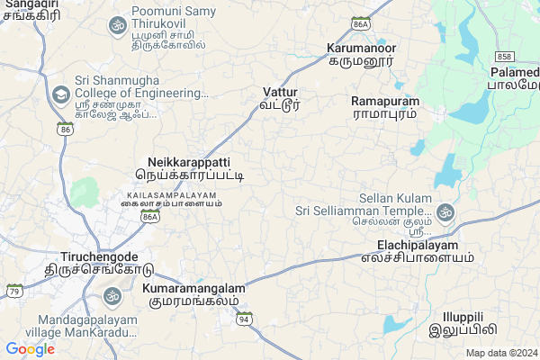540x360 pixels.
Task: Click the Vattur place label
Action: [x=280, y=98]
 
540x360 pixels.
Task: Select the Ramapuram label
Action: [x=384, y=107]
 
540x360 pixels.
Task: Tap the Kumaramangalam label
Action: [x=193, y=294]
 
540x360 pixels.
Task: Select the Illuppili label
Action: [x=463, y=323]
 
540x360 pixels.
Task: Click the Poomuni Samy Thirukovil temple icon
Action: [x=117, y=25]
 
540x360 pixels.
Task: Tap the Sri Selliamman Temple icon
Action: [x=444, y=212]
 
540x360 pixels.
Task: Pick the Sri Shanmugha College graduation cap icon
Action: [x=60, y=94]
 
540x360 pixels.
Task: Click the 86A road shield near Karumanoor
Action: [x=362, y=24]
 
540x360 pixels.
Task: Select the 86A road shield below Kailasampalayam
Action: [x=150, y=217]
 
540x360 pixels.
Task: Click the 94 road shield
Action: [x=244, y=319]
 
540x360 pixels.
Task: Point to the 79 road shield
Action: [x=14, y=291]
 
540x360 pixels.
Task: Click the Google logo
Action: [x=31, y=348]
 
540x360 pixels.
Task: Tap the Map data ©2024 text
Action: [x=500, y=353]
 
